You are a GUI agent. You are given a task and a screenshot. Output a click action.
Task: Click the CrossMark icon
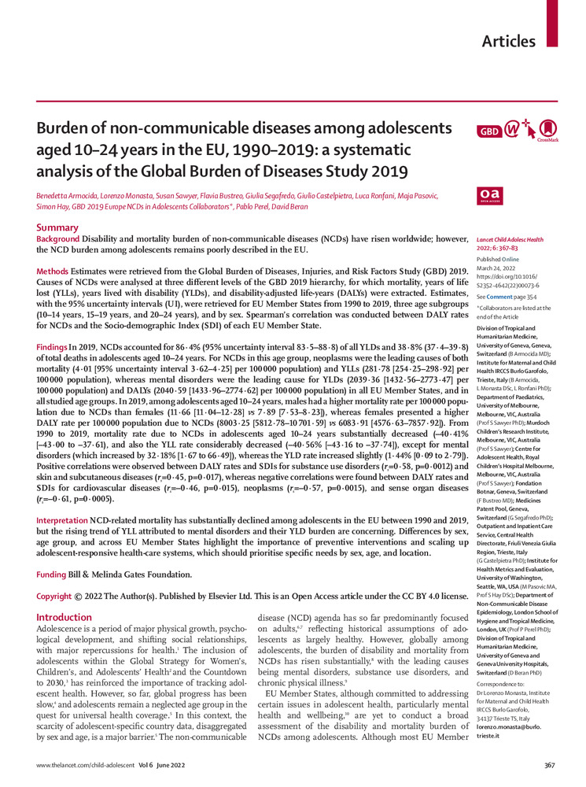548,130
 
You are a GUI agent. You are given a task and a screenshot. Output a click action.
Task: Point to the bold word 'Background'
59,238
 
